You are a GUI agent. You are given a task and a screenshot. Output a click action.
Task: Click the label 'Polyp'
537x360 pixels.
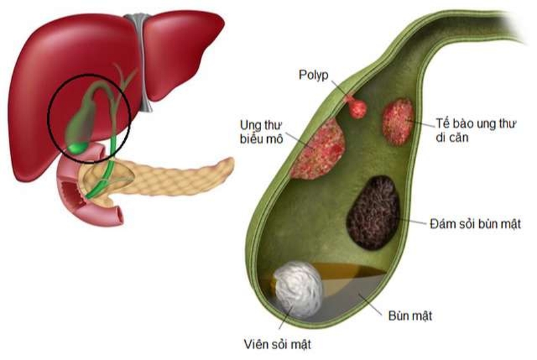[313, 75]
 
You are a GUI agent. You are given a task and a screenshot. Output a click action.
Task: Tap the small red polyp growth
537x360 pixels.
[357, 107]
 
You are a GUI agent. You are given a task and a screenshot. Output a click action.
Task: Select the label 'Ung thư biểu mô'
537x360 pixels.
[262, 132]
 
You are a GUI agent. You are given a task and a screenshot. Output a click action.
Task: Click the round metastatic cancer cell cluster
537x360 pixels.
[398, 122]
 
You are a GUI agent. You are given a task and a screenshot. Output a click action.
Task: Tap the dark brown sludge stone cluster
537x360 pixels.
[373, 212]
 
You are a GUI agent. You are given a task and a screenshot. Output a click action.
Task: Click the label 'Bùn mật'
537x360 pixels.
[409, 315]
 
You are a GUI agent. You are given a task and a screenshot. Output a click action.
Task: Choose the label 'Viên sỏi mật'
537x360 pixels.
[277, 345]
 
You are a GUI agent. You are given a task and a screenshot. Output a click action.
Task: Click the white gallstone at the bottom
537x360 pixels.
[299, 289]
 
